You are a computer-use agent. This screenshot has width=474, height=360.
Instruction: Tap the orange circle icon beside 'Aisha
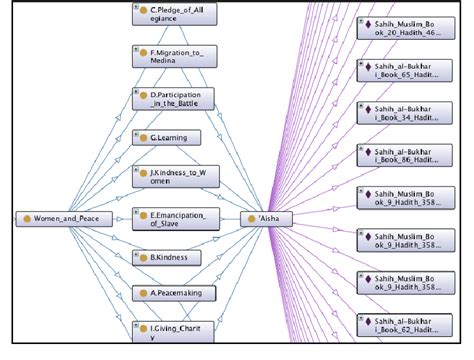point(250,217)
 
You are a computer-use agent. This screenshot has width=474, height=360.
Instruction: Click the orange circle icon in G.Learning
point(142,137)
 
